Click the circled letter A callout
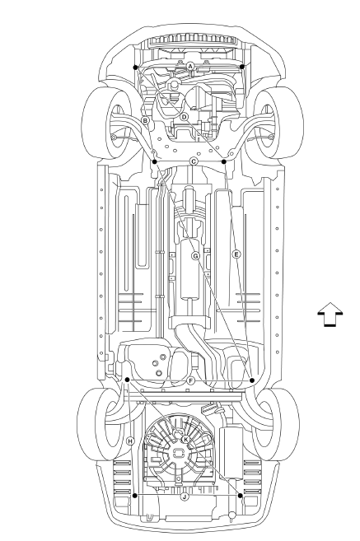click(190, 66)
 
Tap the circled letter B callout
click(145, 120)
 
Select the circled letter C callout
click(194, 161)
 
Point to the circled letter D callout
click(184, 117)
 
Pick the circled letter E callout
click(236, 254)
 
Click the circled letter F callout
click(190, 380)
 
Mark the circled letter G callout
click(195, 255)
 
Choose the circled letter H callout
click(130, 441)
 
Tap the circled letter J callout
click(185, 497)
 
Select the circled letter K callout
click(185, 439)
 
